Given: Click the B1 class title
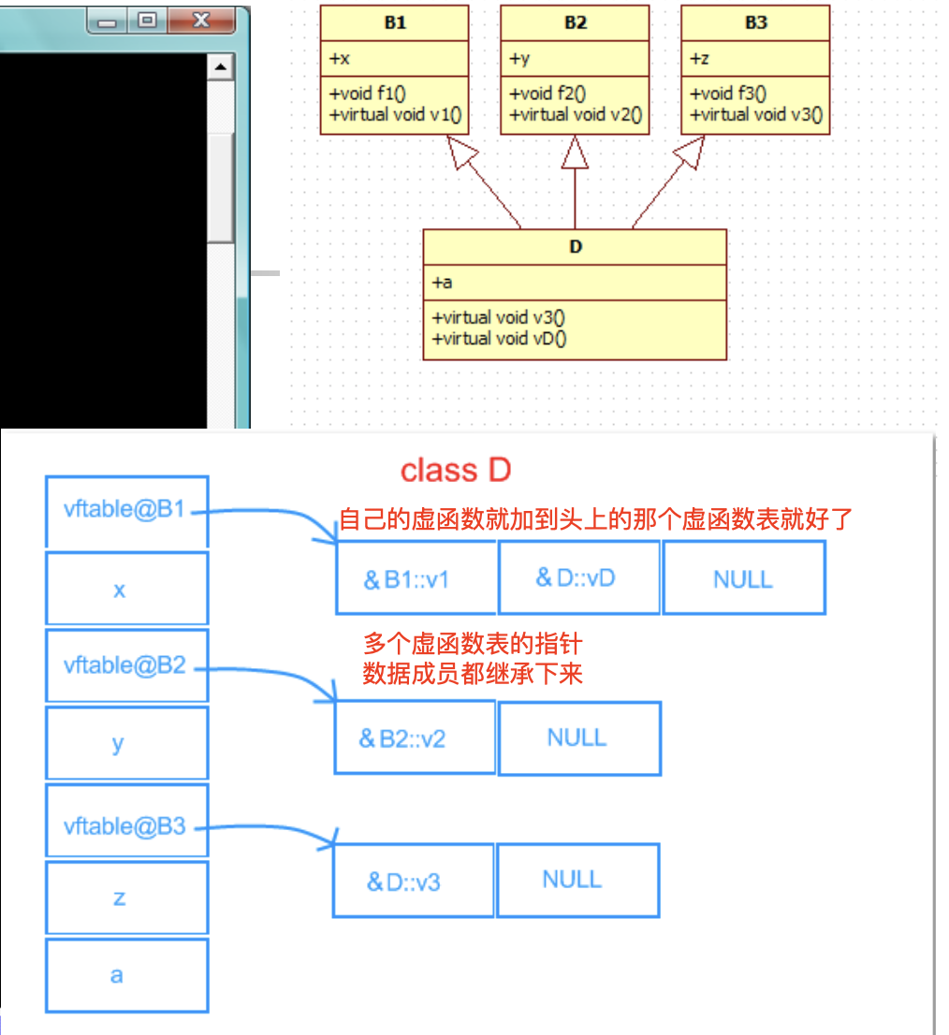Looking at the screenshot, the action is point(395,22).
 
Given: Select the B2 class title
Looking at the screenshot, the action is point(576,22).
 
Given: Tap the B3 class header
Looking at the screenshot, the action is point(756,22).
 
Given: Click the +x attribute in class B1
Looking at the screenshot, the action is point(340,59).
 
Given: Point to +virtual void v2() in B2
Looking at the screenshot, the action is point(576,115).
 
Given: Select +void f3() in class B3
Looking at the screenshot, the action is point(728,94).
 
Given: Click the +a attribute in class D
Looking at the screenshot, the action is point(442,283).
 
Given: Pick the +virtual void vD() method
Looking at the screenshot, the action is point(499,339).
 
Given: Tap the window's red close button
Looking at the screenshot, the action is point(200,21).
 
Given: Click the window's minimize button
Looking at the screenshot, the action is point(107,22).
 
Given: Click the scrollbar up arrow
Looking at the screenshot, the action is point(221,66).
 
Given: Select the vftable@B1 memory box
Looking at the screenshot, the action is point(126,512).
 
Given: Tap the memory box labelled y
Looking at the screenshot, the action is point(126,743).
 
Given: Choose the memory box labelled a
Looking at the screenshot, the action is point(126,975).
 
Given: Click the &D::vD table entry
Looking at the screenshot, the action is point(578,577).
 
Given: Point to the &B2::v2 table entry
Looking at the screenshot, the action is point(415,737).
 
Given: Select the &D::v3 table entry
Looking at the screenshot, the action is point(413,881).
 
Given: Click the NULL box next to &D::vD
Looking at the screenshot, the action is point(744,577).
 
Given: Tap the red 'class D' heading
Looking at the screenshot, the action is point(456,470).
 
